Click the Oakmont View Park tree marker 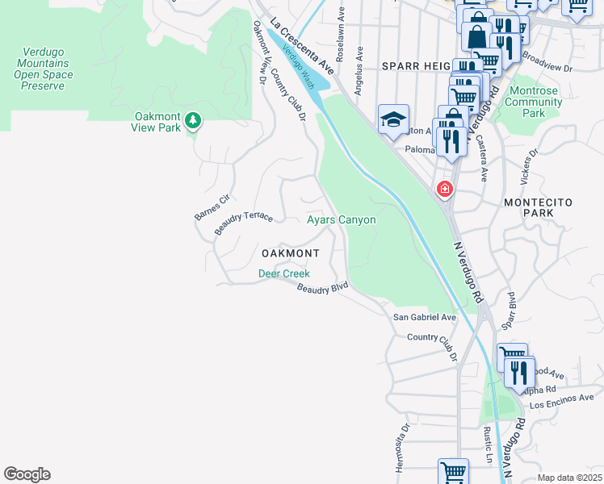point(192,121)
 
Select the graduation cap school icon point(393,120)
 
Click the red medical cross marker point(444,190)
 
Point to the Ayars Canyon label point(341,219)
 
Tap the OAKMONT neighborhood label point(290,253)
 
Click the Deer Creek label point(283,273)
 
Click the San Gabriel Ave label point(425,318)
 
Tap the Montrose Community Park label point(533,102)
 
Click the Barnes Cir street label point(212,206)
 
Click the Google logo point(27,474)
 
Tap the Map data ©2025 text point(568,478)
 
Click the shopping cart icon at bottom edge point(453,472)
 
